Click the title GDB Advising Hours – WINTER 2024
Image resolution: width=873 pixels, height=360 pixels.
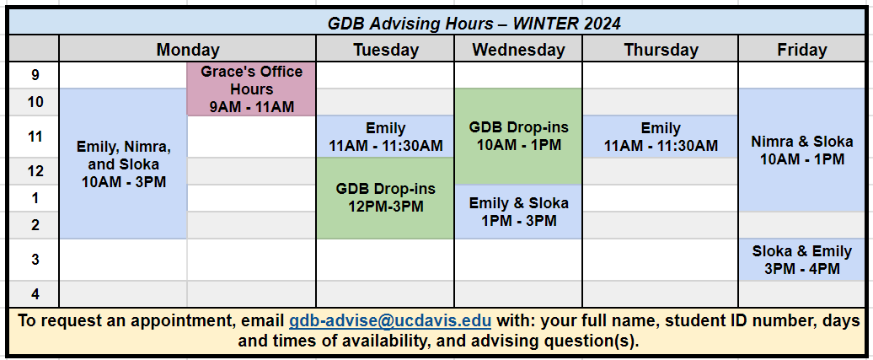point(474,24)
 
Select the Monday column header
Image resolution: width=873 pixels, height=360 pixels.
point(188,50)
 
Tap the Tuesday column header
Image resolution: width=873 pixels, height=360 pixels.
point(385,50)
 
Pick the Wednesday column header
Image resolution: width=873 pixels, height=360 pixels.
point(518,50)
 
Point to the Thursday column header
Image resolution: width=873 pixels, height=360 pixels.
point(661,50)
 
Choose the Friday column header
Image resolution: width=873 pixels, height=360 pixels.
point(801,50)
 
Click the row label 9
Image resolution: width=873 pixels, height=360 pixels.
point(35,75)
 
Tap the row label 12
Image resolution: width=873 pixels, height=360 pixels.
point(35,171)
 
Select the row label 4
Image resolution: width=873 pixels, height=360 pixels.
point(35,293)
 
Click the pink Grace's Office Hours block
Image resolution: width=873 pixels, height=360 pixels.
point(252,89)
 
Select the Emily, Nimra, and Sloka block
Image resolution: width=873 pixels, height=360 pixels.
point(123,164)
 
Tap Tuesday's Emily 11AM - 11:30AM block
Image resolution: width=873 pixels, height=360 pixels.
point(385,137)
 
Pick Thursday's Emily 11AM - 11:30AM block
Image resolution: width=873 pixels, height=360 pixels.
point(661,137)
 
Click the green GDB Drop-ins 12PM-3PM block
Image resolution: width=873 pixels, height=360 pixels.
point(385,198)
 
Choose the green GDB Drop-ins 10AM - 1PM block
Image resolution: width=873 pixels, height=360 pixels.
point(518,137)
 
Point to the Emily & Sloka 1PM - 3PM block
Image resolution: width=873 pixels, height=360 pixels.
point(518,212)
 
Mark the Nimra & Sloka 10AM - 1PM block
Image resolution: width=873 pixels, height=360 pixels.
point(801,150)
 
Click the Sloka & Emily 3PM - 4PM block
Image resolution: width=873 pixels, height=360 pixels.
point(801,260)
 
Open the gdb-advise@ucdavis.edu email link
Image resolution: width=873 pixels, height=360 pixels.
point(389,321)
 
